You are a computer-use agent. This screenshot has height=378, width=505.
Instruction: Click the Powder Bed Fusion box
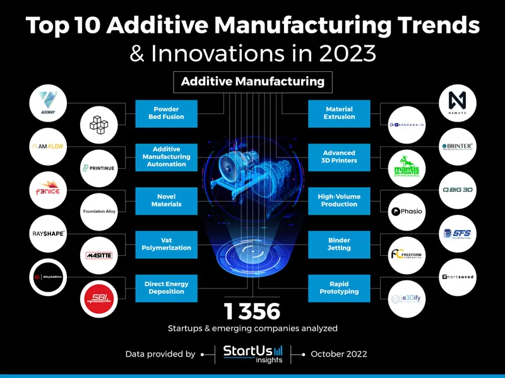[167, 113]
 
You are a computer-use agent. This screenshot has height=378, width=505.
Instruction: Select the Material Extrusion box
[339, 113]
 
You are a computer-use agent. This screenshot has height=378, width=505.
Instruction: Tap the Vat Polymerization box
[167, 244]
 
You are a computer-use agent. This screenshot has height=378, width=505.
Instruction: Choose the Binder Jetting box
[339, 244]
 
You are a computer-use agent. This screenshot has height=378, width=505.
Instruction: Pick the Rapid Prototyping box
[339, 288]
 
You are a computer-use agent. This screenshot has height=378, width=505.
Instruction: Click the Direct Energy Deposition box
[167, 288]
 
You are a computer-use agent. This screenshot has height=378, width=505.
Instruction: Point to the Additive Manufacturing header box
[252, 81]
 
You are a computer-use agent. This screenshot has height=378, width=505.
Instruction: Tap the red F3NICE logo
[48, 190]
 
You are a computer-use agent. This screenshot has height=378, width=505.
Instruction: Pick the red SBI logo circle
[100, 298]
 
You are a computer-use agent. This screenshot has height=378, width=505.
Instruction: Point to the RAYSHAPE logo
[48, 234]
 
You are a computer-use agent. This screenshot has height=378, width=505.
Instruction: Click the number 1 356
[252, 311]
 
